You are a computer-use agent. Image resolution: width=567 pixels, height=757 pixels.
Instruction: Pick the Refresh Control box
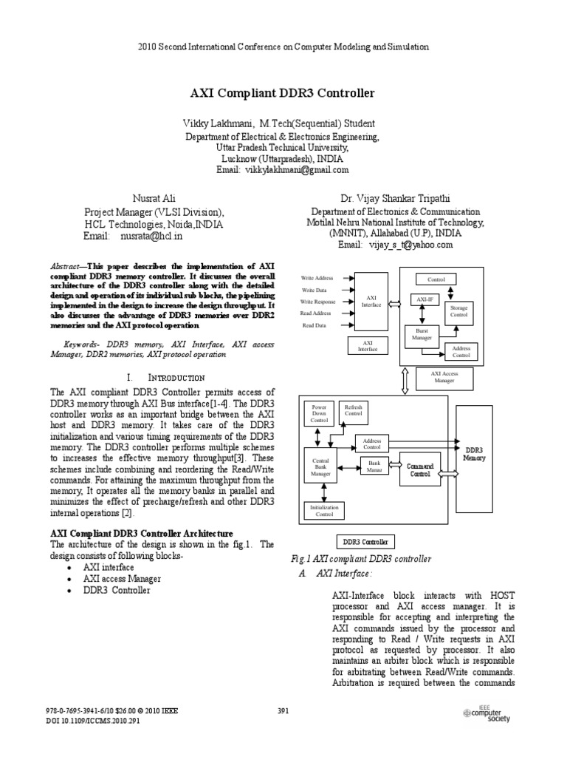tap(354, 413)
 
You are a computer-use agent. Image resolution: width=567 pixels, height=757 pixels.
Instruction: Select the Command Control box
tap(419, 469)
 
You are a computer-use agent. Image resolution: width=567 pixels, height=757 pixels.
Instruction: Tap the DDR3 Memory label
tap(474, 453)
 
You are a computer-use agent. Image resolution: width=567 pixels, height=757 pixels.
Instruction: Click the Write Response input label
tap(317, 302)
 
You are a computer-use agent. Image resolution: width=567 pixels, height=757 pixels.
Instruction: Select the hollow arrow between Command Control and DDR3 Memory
tap(447, 467)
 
